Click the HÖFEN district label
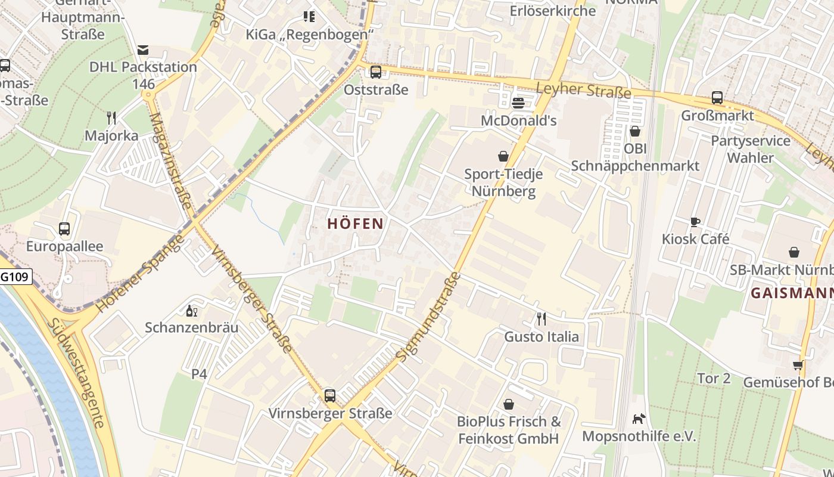coord(355,224)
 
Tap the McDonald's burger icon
coord(518,103)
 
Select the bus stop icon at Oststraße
coord(376,72)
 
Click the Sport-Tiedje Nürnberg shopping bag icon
coord(503,156)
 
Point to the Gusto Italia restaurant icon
coord(541,319)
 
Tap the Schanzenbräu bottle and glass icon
coord(192,311)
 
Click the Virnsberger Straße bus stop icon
coord(330,395)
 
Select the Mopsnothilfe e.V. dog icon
coord(639,419)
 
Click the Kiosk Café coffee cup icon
coord(695,222)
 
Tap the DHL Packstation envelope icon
coord(142,49)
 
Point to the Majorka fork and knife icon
coord(111,117)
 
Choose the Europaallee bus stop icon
coord(64,228)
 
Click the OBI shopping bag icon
coord(635,131)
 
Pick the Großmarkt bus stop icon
coord(717,98)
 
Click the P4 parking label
coord(199,374)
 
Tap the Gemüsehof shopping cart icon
coord(798,365)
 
